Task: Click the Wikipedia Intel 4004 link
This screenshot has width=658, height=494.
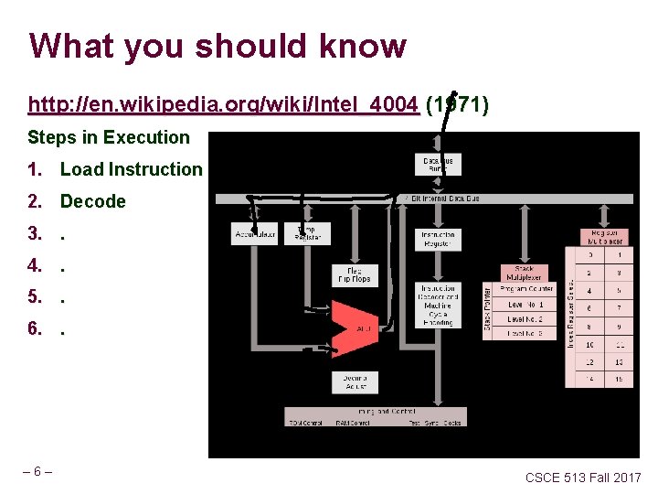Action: pyautogui.click(x=223, y=106)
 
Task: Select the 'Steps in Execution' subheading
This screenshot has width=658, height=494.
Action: pyautogui.click(x=109, y=138)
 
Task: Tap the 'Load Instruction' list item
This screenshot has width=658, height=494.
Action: pyautogui.click(x=131, y=169)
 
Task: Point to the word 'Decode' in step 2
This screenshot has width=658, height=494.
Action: pyautogui.click(x=92, y=201)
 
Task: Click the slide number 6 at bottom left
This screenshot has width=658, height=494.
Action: pyautogui.click(x=36, y=472)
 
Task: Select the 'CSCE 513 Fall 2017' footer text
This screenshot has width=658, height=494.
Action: pyautogui.click(x=583, y=478)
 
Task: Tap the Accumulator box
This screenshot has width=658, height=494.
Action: pyautogui.click(x=254, y=234)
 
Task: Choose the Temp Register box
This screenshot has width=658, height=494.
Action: pyautogui.click(x=307, y=234)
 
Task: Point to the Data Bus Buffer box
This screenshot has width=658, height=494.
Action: pyautogui.click(x=437, y=165)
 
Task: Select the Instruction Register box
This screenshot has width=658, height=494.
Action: pyautogui.click(x=438, y=239)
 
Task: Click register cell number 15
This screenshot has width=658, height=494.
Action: pyautogui.click(x=618, y=379)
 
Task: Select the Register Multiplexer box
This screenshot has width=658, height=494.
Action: pyautogui.click(x=604, y=236)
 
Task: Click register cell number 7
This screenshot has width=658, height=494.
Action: pyautogui.click(x=618, y=308)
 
